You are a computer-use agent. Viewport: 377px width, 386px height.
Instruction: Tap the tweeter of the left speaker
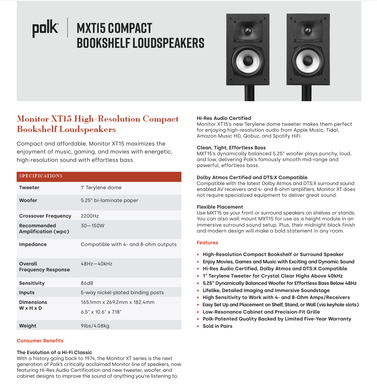coord(248,30)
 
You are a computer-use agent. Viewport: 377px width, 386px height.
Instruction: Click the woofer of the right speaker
coord(308,61)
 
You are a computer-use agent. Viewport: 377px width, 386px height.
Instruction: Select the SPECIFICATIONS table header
coord(41,176)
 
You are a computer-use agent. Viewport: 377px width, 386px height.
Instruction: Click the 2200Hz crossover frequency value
coord(90,216)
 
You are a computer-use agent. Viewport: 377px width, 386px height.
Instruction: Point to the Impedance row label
coord(33,244)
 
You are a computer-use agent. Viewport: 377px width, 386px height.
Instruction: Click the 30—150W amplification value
coord(93,226)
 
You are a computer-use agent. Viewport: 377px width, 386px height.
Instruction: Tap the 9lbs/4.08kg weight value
coord(95,326)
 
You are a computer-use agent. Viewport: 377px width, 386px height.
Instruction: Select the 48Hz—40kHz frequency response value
coord(97,264)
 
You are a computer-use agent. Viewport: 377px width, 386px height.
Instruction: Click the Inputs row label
coord(27,292)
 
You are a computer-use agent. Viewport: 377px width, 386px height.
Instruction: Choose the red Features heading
coord(208,243)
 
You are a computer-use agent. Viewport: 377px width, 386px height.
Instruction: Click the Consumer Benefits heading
coord(40,341)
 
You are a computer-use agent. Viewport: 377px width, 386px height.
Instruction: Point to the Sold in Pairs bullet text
coord(218,326)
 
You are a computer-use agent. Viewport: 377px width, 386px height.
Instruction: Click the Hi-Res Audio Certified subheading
coord(224,118)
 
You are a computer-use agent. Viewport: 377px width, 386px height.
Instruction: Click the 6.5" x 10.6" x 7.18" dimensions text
coord(101,312)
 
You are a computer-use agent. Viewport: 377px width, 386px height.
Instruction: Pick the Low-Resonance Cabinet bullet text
coord(261,312)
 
